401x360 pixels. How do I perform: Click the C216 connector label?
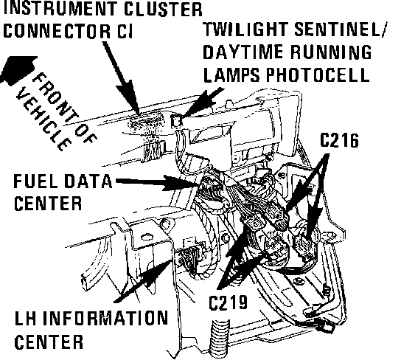(339, 140)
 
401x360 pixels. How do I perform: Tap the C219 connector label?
(228, 302)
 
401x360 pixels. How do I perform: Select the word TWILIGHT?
(246, 29)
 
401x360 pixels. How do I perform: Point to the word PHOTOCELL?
(318, 75)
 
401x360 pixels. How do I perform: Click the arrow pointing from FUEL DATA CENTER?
(158, 182)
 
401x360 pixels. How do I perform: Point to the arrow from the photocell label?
(202, 103)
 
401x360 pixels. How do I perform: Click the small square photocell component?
(176, 120)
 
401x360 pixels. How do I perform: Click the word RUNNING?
(331, 52)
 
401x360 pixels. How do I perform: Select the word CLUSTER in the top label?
(163, 9)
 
